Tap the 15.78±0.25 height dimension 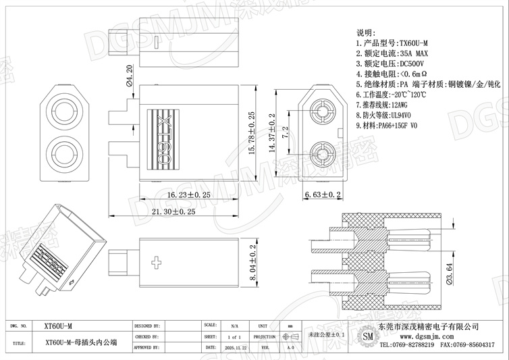(251, 134)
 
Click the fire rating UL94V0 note (413, 115)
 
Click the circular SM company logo (367, 335)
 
